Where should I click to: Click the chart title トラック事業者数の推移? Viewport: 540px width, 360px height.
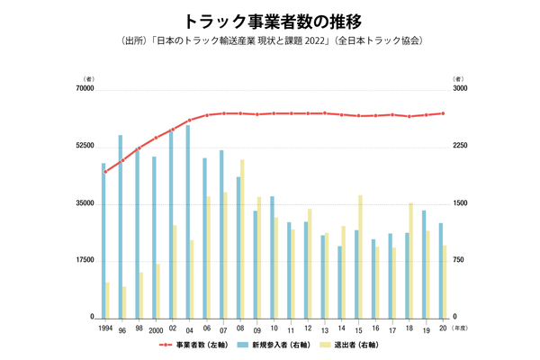click(x=270, y=19)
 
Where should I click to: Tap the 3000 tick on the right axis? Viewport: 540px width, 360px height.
click(x=461, y=88)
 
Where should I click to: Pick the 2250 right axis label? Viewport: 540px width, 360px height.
click(x=461, y=146)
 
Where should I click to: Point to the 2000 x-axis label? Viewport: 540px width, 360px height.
click(x=156, y=329)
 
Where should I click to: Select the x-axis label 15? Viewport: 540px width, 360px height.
click(x=358, y=329)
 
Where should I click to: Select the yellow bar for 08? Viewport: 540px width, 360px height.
click(x=242, y=238)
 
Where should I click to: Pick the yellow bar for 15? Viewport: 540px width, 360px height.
click(x=360, y=256)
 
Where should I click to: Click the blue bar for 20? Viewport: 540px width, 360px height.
click(x=441, y=270)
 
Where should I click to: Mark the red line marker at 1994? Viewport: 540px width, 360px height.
click(x=104, y=171)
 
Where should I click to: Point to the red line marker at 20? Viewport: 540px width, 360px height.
click(x=443, y=113)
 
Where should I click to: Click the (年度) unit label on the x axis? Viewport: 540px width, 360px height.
click(x=459, y=328)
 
